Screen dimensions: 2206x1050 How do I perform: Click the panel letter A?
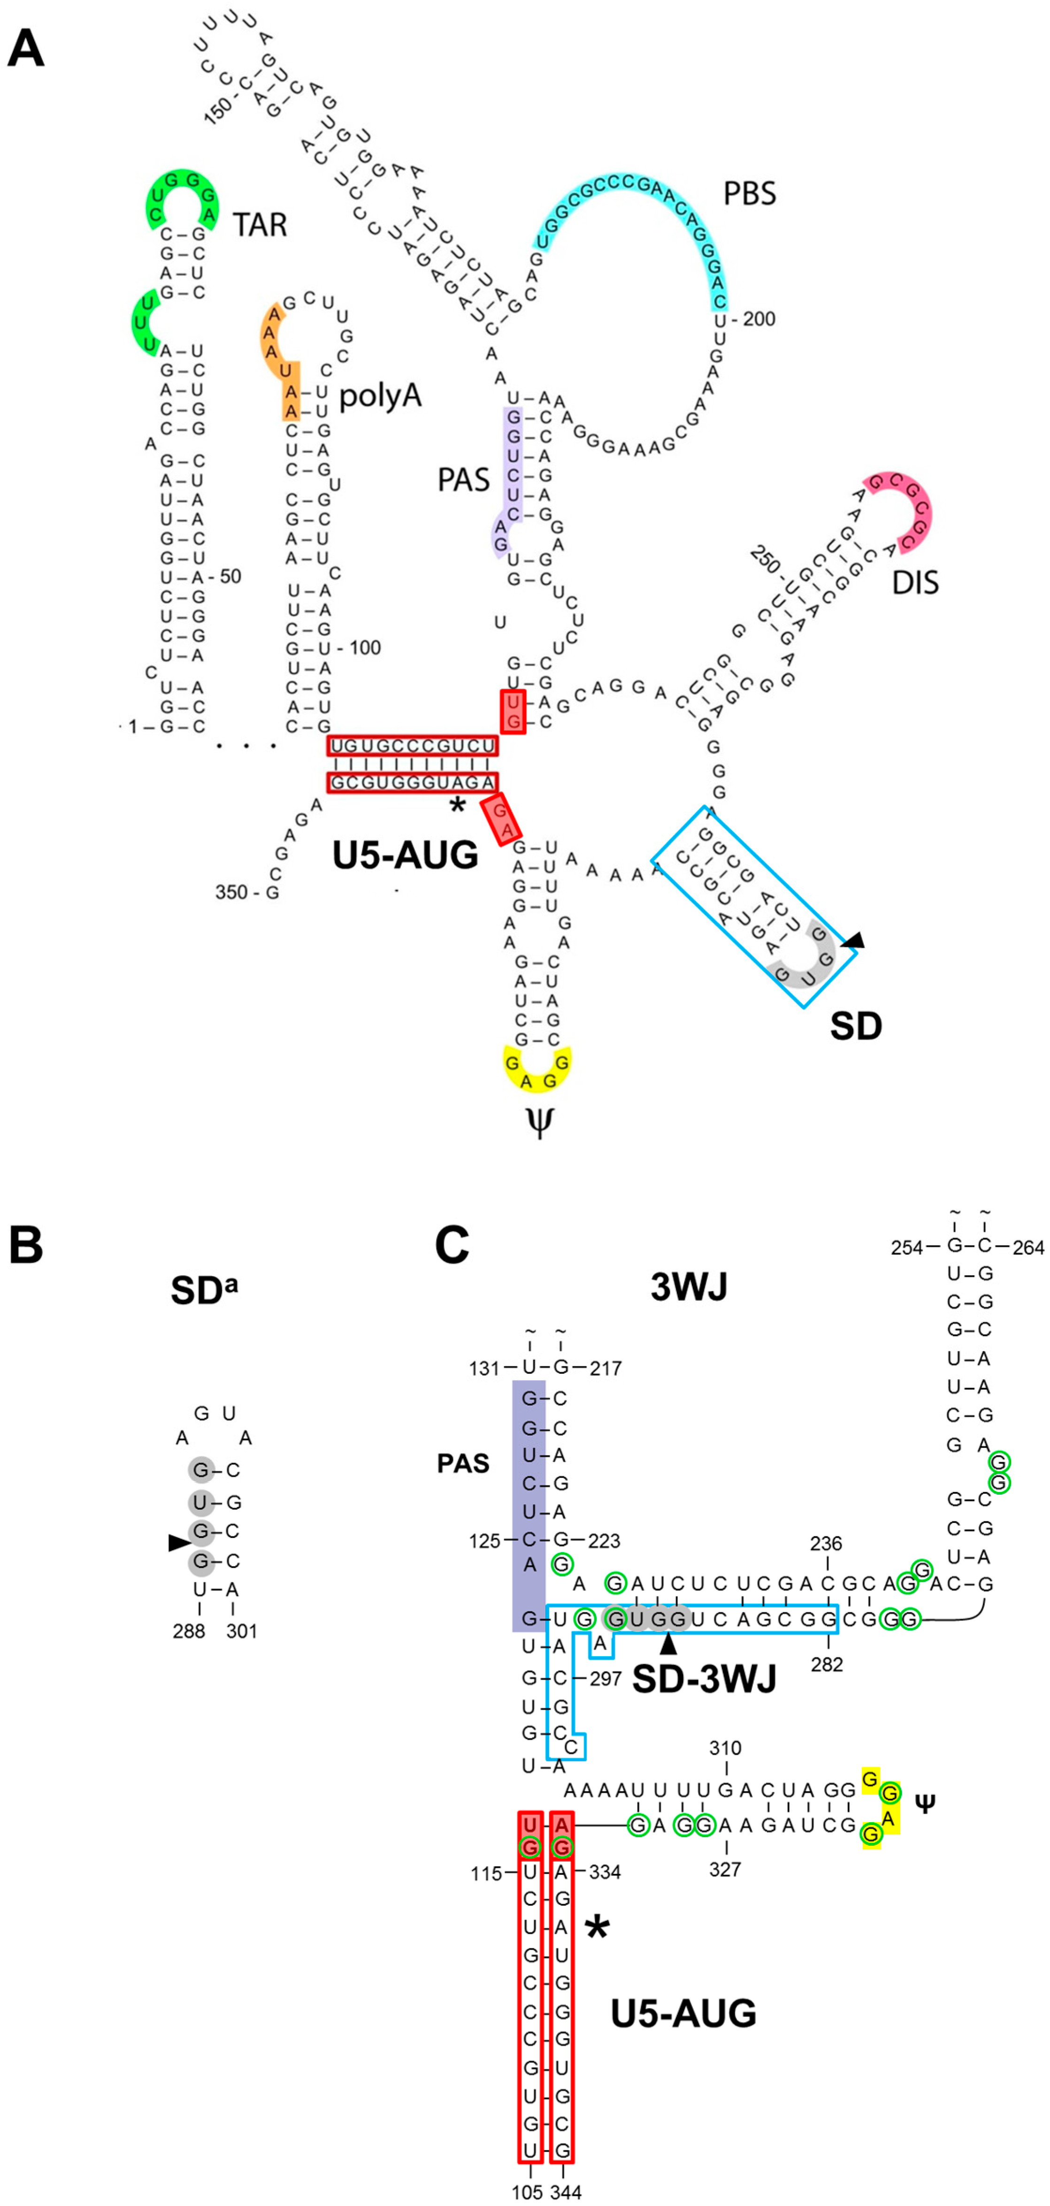[26, 49]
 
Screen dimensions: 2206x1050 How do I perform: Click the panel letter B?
[26, 1245]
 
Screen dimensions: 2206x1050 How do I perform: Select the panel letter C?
[452, 1245]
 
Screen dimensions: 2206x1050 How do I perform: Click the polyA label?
[380, 396]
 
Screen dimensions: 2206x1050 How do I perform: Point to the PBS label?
[750, 194]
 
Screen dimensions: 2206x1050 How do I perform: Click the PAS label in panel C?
[463, 1463]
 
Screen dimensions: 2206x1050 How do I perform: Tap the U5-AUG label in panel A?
[405, 855]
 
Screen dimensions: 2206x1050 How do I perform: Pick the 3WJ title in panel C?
[689, 1287]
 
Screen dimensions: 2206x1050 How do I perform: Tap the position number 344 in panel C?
[565, 2192]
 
